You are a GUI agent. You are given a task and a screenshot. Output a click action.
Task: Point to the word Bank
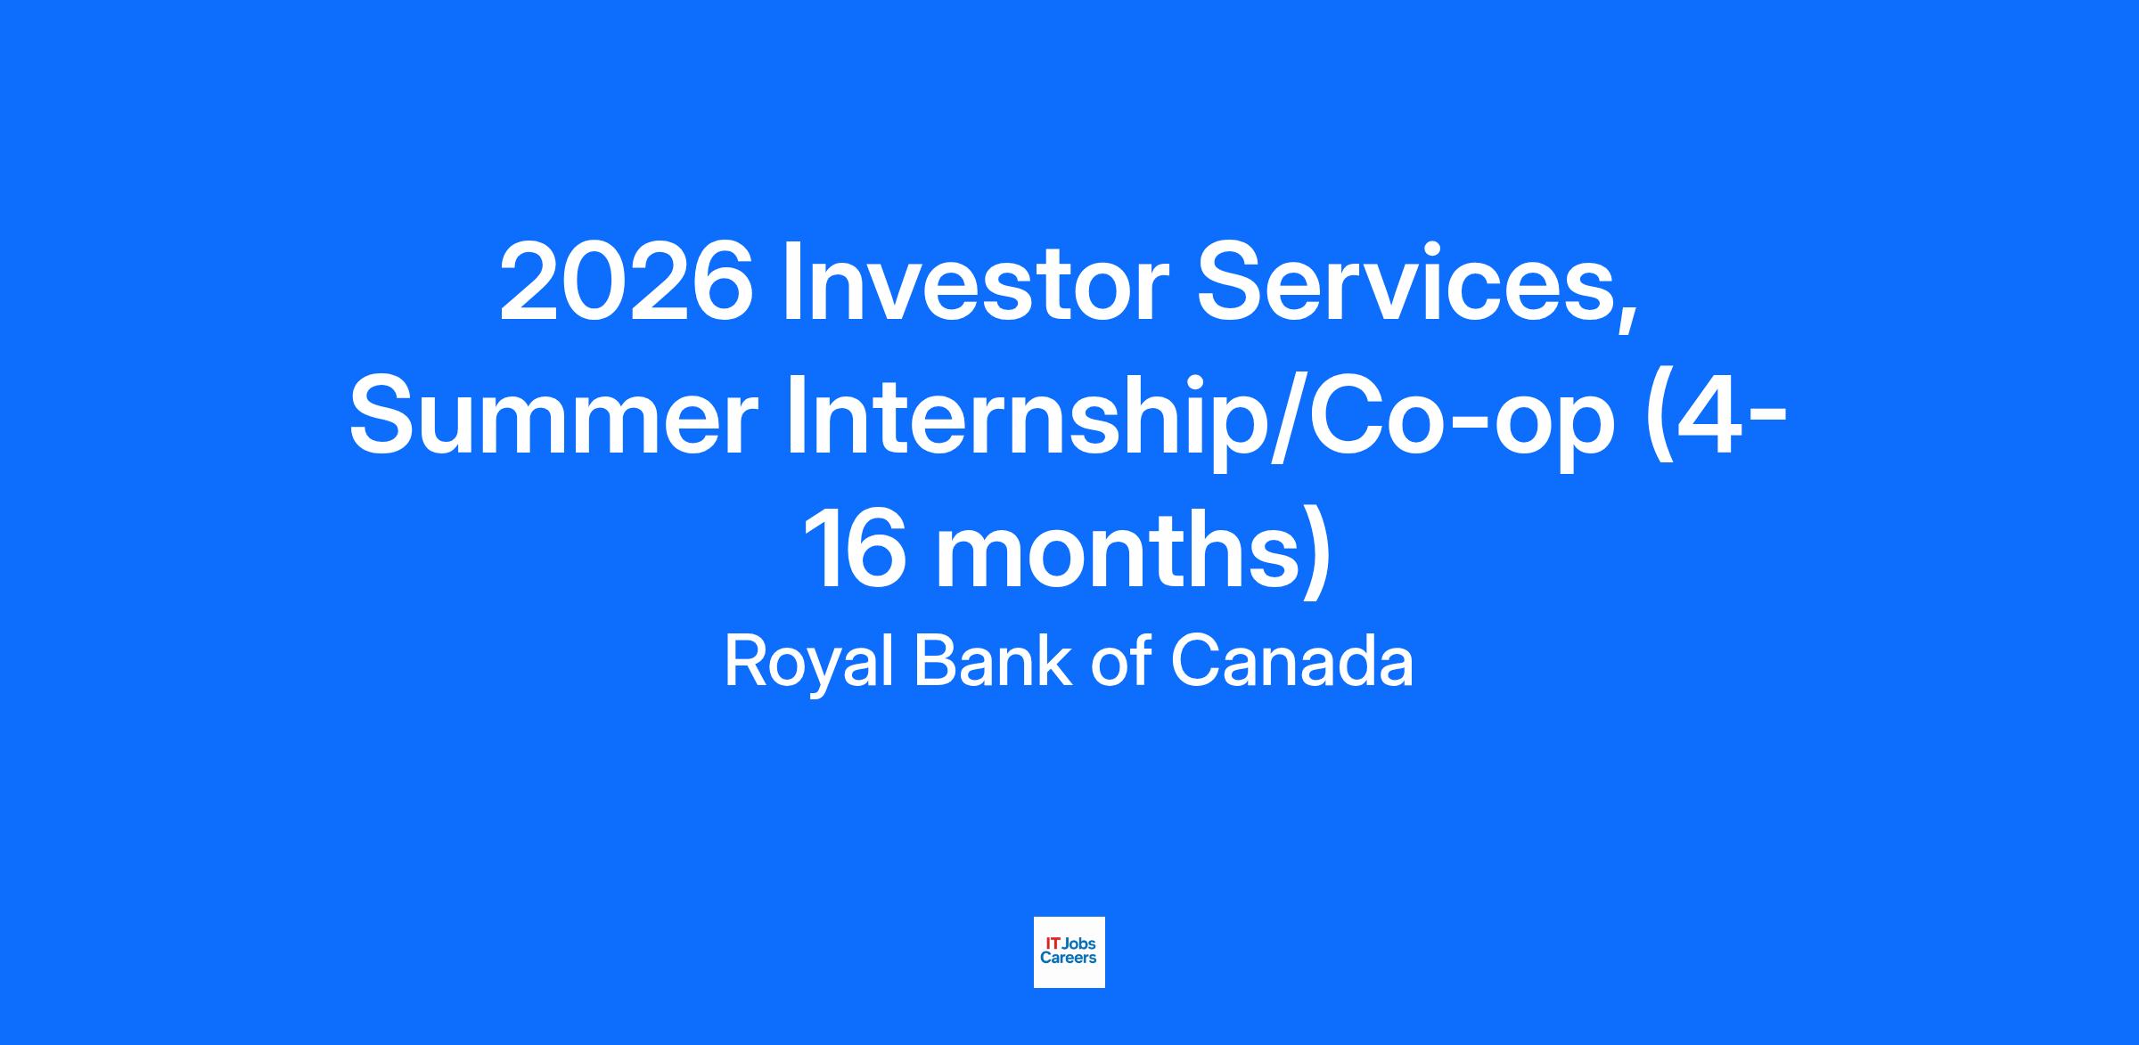pyautogui.click(x=993, y=661)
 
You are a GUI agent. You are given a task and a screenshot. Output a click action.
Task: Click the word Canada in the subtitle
pyautogui.click(x=1291, y=661)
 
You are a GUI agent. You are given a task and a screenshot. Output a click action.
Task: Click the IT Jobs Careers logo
pyautogui.click(x=1069, y=952)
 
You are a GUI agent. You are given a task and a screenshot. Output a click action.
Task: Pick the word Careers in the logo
pyautogui.click(x=1069, y=959)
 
